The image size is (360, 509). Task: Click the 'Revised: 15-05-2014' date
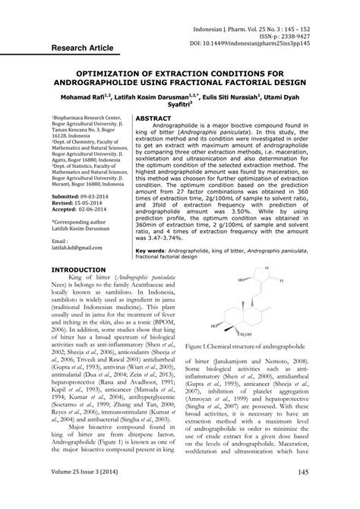coord(80,203)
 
